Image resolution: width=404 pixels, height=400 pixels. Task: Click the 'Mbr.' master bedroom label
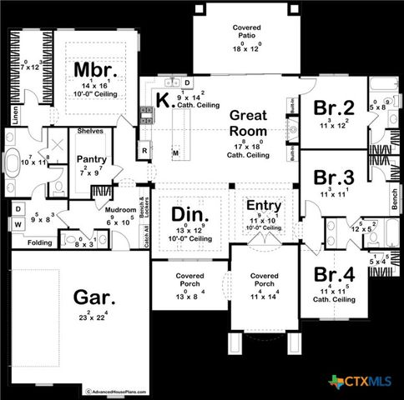[93, 67]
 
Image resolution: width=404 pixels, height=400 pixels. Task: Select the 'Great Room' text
[248, 123]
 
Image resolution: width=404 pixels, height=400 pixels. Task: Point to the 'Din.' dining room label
[189, 214]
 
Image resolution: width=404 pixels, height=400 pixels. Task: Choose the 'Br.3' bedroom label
[332, 177]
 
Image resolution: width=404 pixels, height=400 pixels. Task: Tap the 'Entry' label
[263, 205]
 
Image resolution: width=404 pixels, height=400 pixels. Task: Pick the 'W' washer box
[18, 223]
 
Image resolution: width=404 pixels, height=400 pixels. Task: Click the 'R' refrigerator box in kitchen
[144, 151]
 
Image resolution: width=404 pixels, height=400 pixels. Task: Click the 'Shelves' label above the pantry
[89, 132]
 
